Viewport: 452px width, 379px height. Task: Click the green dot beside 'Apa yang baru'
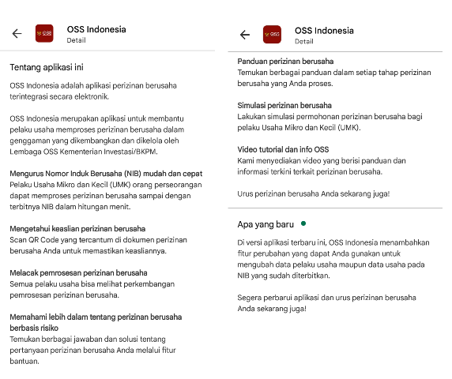(303, 223)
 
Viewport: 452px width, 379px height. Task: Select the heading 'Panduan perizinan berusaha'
(285, 61)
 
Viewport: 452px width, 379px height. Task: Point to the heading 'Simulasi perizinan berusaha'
(284, 105)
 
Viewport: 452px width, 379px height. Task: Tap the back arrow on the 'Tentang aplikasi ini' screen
(17, 33)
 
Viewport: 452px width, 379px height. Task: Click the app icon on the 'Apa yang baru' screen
(272, 35)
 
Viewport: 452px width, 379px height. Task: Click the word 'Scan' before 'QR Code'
(19, 240)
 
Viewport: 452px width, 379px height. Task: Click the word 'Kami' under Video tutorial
(247, 160)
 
